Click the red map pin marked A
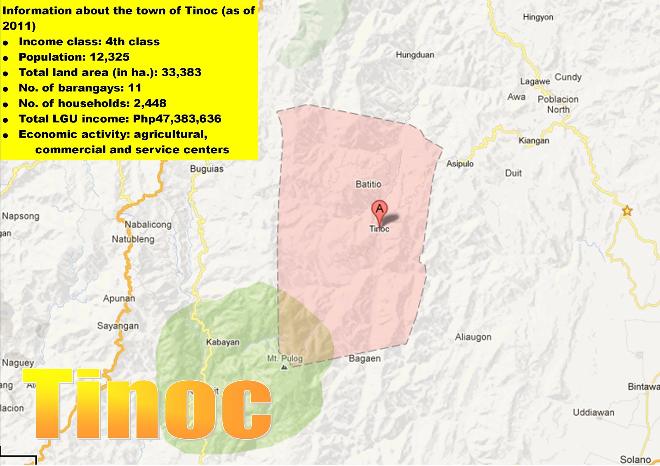click(x=379, y=209)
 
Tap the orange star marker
click(x=627, y=211)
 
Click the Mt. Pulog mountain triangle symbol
click(x=284, y=367)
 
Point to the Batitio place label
click(x=368, y=184)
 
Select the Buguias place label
click(x=207, y=169)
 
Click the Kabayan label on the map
click(x=223, y=342)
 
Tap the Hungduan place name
click(x=415, y=55)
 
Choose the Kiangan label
click(x=534, y=141)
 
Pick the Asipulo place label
click(x=460, y=164)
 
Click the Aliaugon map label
click(x=473, y=337)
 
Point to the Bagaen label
click(x=365, y=358)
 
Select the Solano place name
click(x=635, y=459)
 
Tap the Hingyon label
click(x=538, y=17)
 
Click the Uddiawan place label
click(x=593, y=412)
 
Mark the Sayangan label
click(x=118, y=326)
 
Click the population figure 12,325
click(x=109, y=57)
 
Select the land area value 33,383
click(x=181, y=73)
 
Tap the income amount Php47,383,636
click(x=177, y=119)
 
